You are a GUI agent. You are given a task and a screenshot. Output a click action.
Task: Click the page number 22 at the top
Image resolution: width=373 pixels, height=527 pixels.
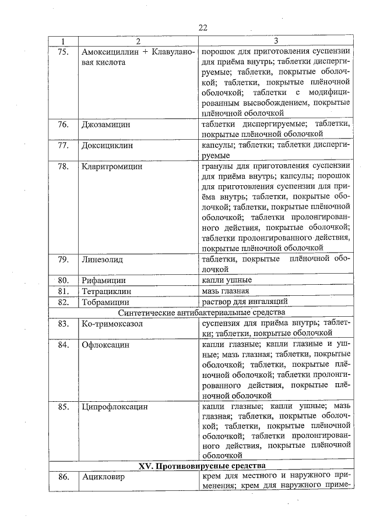[x=202, y=28]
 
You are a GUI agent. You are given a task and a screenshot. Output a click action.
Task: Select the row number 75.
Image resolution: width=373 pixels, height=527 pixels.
[x=64, y=50]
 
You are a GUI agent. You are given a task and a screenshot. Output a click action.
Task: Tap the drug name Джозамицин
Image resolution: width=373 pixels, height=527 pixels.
[x=106, y=125]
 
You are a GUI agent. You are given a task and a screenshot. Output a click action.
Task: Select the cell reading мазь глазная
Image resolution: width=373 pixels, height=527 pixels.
[x=226, y=291]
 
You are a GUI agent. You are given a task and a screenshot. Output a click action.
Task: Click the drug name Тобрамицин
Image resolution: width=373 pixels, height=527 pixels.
[x=106, y=302]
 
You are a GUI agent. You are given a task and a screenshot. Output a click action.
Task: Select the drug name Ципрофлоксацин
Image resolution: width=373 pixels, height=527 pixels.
[x=115, y=406]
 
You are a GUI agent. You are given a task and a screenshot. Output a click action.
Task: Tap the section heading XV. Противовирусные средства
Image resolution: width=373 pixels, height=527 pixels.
[x=202, y=466]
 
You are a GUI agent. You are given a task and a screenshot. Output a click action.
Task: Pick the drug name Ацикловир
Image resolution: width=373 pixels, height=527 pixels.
[x=105, y=476]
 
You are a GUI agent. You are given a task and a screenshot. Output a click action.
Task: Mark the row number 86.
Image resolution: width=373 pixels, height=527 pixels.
[x=64, y=476]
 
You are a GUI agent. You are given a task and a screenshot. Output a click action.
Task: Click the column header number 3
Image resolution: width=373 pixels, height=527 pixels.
[x=275, y=41]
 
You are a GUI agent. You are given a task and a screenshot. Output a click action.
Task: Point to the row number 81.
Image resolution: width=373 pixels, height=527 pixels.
[x=64, y=291]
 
